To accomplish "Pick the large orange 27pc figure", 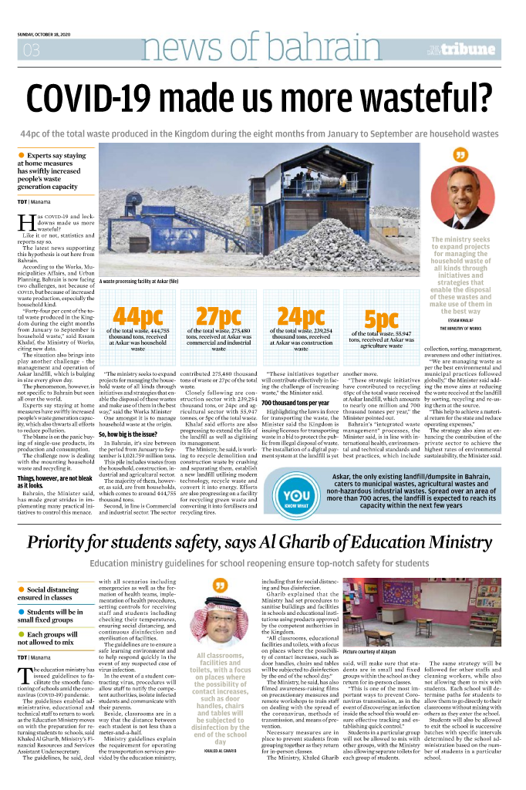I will [218, 317].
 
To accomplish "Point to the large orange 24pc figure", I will [301, 317].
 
